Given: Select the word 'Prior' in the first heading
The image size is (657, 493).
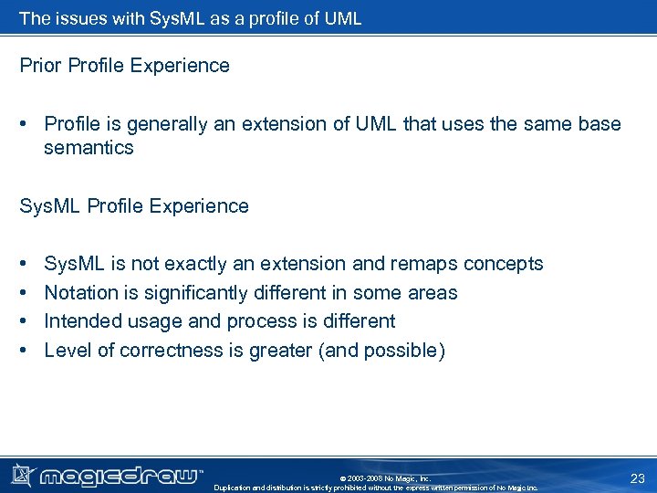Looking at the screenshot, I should tap(40, 66).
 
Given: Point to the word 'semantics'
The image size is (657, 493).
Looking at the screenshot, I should tap(89, 148).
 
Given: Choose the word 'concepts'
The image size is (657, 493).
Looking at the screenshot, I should tap(503, 264).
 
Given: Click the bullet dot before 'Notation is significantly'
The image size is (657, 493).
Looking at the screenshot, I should tap(24, 293).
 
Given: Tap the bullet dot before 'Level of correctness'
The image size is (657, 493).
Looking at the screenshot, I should tap(24, 351).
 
